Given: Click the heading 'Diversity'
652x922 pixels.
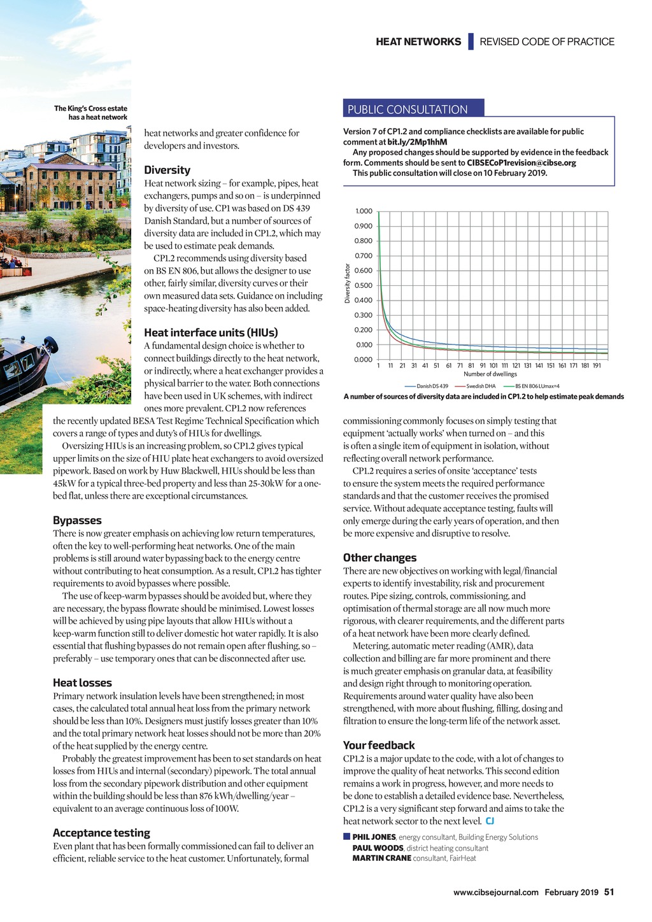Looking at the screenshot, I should coord(167,170).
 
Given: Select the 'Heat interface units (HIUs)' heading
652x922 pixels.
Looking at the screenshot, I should coord(211,332).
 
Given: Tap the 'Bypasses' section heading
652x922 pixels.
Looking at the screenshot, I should coord(77,520).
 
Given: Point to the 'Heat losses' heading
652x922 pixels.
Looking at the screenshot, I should coord(82,683).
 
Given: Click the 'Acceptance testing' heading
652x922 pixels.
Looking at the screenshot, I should coord(101,833).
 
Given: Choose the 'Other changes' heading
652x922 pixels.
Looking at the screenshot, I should coord(379,558).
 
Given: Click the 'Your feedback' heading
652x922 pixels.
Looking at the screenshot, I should coord(379,745).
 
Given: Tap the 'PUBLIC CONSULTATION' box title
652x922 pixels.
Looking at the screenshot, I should coord(407,110).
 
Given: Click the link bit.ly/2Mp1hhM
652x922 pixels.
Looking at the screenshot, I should coord(418,142).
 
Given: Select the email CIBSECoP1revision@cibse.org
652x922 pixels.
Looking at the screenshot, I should coord(521,162).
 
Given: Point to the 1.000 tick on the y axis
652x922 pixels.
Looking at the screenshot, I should coord(364,211).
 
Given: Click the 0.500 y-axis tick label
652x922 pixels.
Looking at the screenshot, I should coord(364,285).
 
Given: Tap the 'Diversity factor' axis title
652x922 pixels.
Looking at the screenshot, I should coord(348,283).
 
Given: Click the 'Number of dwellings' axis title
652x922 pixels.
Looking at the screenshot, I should coord(490,374).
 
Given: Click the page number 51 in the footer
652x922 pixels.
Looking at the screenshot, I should coord(609,892).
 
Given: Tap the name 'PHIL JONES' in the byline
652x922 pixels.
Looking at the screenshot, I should coord(374,837).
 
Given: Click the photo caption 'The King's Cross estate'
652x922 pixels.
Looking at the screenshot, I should coord(90,108).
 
